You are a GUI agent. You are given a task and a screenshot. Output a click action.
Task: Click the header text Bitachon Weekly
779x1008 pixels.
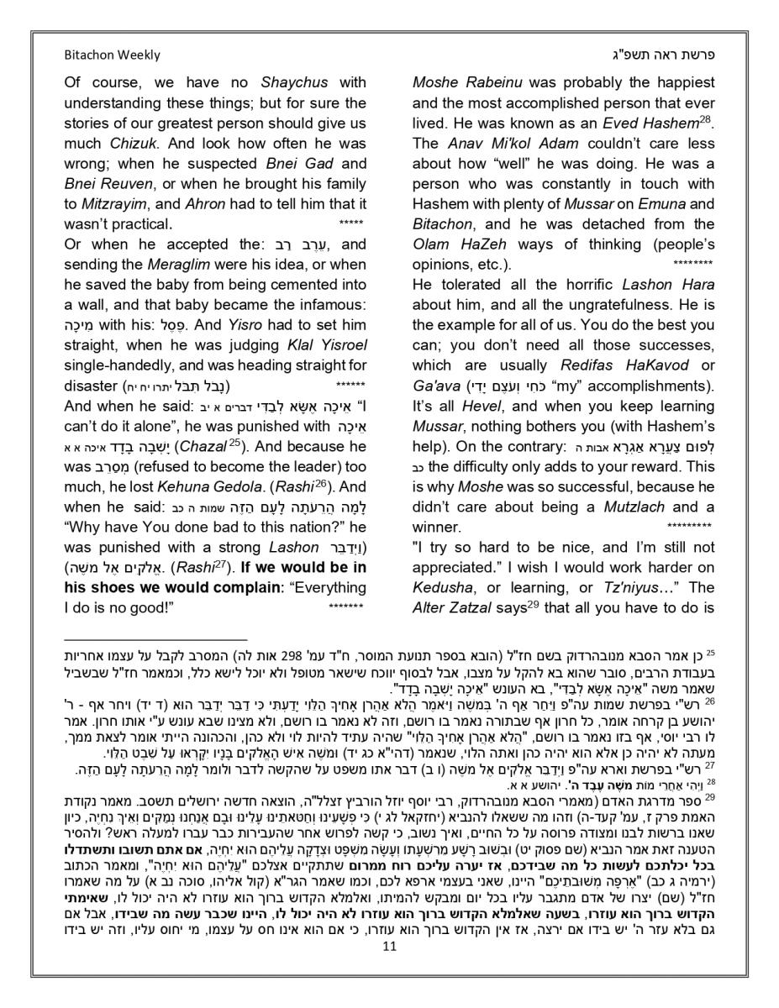pos(112,55)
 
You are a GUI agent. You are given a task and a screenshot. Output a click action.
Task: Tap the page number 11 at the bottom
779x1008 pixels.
pos(389,969)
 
